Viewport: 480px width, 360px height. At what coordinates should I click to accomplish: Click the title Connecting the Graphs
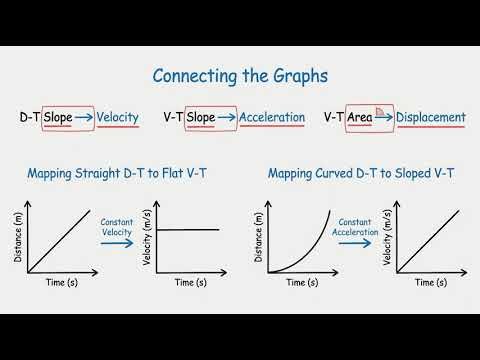click(x=239, y=76)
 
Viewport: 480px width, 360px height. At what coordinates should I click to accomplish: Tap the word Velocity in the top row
click(x=117, y=117)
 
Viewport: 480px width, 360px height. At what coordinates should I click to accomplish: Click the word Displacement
click(x=430, y=117)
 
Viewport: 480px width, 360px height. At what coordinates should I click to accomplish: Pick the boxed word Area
click(x=360, y=117)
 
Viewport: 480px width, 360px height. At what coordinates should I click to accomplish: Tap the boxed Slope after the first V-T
click(x=201, y=117)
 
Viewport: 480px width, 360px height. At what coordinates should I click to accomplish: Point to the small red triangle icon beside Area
click(x=381, y=116)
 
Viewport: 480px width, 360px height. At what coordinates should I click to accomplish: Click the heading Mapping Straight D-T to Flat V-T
click(x=118, y=173)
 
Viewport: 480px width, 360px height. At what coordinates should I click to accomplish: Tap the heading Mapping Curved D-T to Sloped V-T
click(x=361, y=173)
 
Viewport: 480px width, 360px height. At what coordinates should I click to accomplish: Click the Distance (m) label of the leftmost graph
click(x=17, y=237)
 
